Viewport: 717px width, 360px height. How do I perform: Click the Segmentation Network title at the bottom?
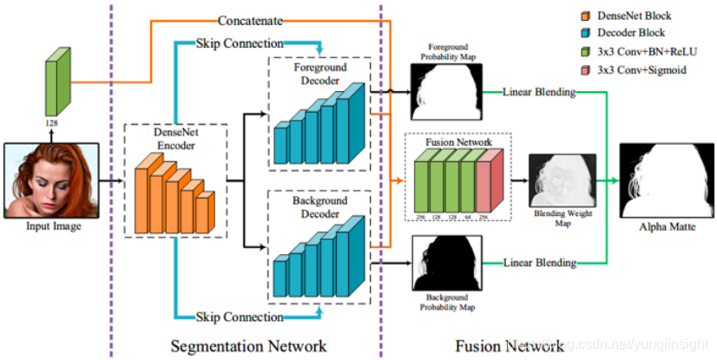coord(250,345)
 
